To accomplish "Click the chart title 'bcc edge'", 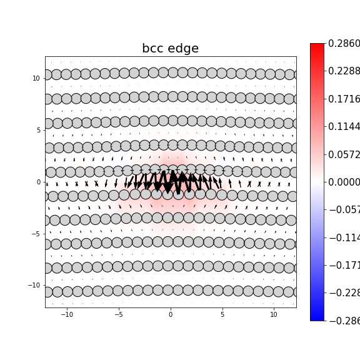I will pyautogui.click(x=170, y=49).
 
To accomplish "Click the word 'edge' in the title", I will pyautogui.click(x=184, y=49).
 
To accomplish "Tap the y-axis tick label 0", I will pyautogui.click(x=39, y=182).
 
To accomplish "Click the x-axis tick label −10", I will pyautogui.click(x=67, y=315).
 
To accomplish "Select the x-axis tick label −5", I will pyautogui.click(x=119, y=315).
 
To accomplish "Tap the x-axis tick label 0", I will pyautogui.click(x=170, y=315).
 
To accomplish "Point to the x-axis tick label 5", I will pyautogui.click(x=222, y=315).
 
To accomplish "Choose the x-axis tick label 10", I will pyautogui.click(x=274, y=315).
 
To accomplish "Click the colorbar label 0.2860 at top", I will pyautogui.click(x=344, y=44).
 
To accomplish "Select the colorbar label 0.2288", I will pyautogui.click(x=344, y=71).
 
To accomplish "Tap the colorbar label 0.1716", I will pyautogui.click(x=344, y=99).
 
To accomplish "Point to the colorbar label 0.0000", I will pyautogui.click(x=344, y=182).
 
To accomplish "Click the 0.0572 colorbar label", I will pyautogui.click(x=344, y=154).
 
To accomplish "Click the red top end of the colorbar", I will pyautogui.click(x=317, y=46).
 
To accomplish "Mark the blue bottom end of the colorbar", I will pyautogui.click(x=317, y=317).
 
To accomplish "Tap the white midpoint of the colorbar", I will pyautogui.click(x=317, y=182).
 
